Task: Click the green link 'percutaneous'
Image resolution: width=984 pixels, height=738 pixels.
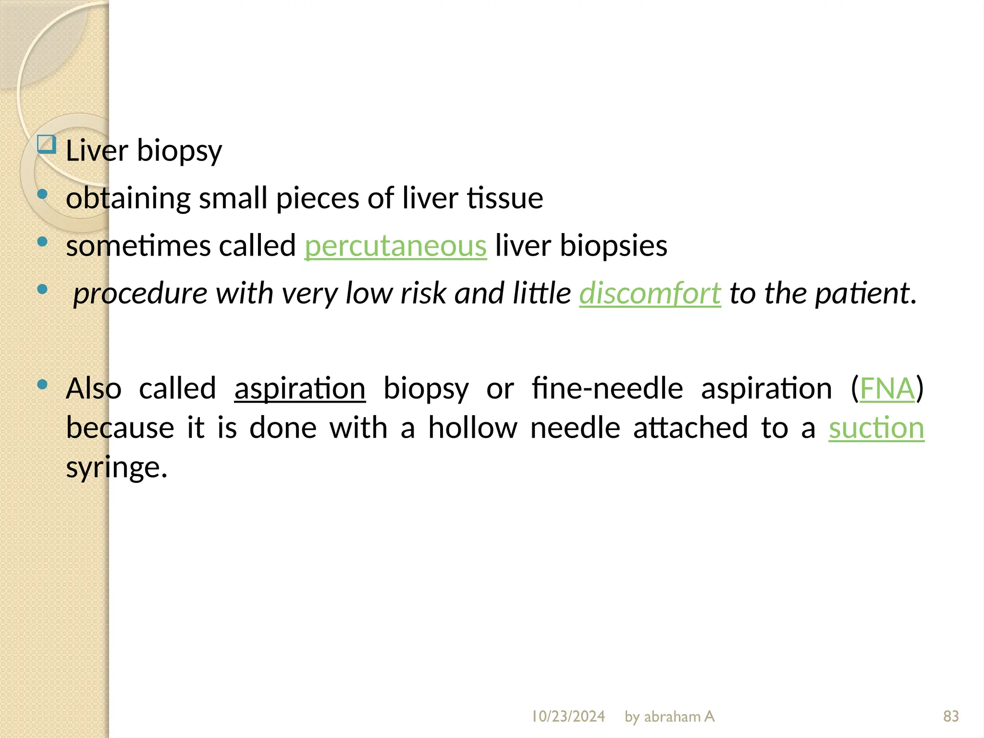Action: (395, 246)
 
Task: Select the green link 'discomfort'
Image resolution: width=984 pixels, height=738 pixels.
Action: (650, 293)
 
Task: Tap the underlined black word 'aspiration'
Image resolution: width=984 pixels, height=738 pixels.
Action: (300, 388)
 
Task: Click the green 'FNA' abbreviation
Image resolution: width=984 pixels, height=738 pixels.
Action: (887, 388)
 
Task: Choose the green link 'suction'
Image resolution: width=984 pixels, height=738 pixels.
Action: (876, 428)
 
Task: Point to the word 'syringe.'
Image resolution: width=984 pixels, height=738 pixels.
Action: (117, 467)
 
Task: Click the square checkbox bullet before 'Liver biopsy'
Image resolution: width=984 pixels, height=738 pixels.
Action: (47, 144)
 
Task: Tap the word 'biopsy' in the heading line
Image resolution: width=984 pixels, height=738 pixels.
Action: (179, 151)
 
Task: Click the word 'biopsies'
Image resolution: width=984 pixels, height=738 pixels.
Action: (614, 246)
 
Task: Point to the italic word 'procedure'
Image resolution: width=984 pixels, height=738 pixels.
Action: (140, 293)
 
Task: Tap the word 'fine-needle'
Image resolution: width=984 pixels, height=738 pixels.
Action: (607, 388)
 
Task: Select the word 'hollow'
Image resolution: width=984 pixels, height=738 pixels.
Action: (473, 428)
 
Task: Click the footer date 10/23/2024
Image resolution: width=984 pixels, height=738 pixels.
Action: (568, 716)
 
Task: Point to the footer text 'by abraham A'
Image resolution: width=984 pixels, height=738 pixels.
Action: (669, 716)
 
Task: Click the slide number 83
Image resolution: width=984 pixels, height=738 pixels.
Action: (951, 716)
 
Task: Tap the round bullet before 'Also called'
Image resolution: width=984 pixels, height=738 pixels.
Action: (42, 384)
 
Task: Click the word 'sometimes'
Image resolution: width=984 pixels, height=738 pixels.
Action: (138, 246)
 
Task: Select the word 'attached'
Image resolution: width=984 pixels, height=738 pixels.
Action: (690, 428)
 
